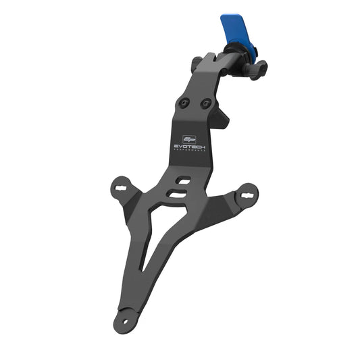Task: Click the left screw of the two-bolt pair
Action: coord(183,103)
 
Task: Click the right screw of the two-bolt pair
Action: coord(206,103)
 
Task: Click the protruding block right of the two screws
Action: coord(220,118)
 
